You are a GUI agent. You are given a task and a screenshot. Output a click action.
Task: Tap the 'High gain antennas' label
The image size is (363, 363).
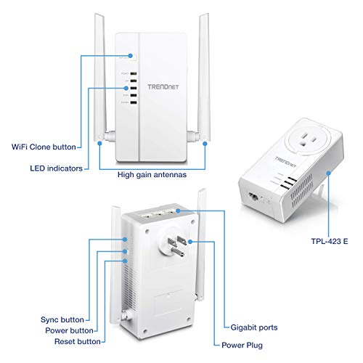coord(152,175)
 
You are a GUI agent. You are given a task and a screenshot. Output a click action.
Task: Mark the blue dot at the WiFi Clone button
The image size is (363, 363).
coord(131,54)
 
